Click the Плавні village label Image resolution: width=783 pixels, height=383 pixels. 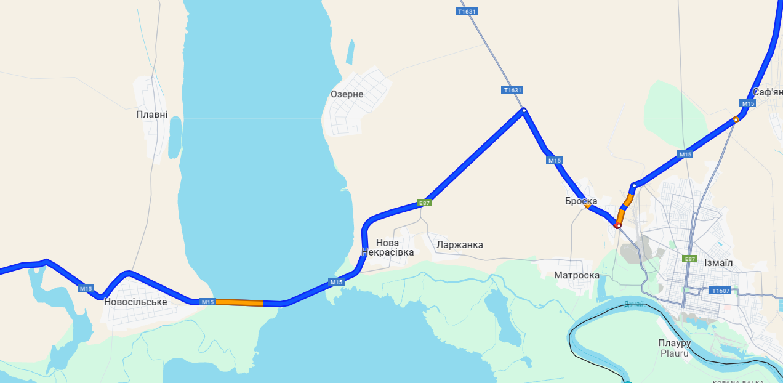pyautogui.click(x=152, y=115)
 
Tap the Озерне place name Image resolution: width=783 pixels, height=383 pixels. pyautogui.click(x=347, y=94)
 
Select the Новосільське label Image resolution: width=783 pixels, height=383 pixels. pyautogui.click(x=135, y=302)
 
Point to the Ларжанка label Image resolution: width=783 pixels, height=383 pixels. pyautogui.click(x=459, y=245)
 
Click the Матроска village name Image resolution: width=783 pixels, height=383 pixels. pyautogui.click(x=577, y=275)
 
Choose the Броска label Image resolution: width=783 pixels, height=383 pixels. pyautogui.click(x=581, y=201)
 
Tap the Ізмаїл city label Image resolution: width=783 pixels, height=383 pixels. pyautogui.click(x=718, y=262)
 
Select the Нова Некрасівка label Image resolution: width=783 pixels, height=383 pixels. pyautogui.click(x=387, y=248)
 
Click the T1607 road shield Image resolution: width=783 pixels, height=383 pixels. pyautogui.click(x=719, y=291)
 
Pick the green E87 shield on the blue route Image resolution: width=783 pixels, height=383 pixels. pyautogui.click(x=424, y=203)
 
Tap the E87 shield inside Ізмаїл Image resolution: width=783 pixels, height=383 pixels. pyautogui.click(x=689, y=259)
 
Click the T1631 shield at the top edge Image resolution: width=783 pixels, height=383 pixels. pyautogui.click(x=467, y=11)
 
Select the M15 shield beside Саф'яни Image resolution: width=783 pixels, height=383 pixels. pyautogui.click(x=748, y=103)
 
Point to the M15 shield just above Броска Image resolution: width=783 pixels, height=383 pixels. pyautogui.click(x=555, y=161)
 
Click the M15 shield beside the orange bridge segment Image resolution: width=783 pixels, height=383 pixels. pyautogui.click(x=208, y=302)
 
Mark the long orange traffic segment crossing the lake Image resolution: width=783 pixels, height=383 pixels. pyautogui.click(x=239, y=302)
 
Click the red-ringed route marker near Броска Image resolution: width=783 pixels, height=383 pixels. pyautogui.click(x=618, y=226)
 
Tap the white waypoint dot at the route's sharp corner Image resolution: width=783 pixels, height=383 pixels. pyautogui.click(x=524, y=111)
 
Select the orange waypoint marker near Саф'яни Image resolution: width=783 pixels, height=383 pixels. pyautogui.click(x=735, y=119)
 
